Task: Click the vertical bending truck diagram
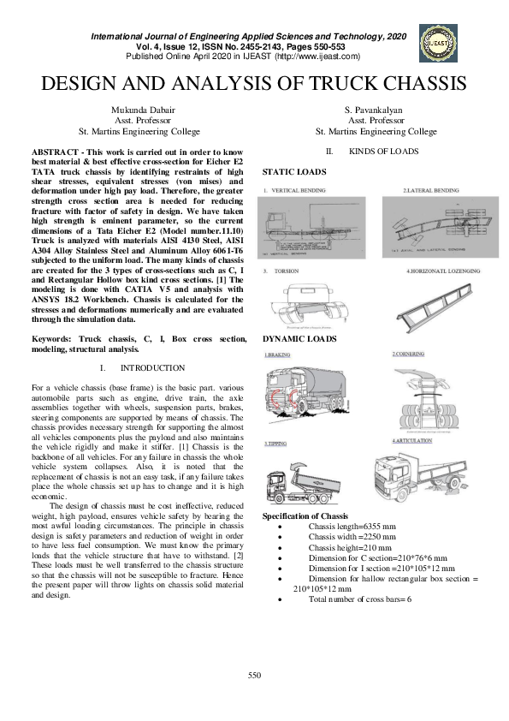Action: click(313, 228)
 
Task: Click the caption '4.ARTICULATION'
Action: click(412, 440)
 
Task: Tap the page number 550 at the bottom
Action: click(254, 676)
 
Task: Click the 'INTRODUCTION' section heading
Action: click(151, 367)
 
